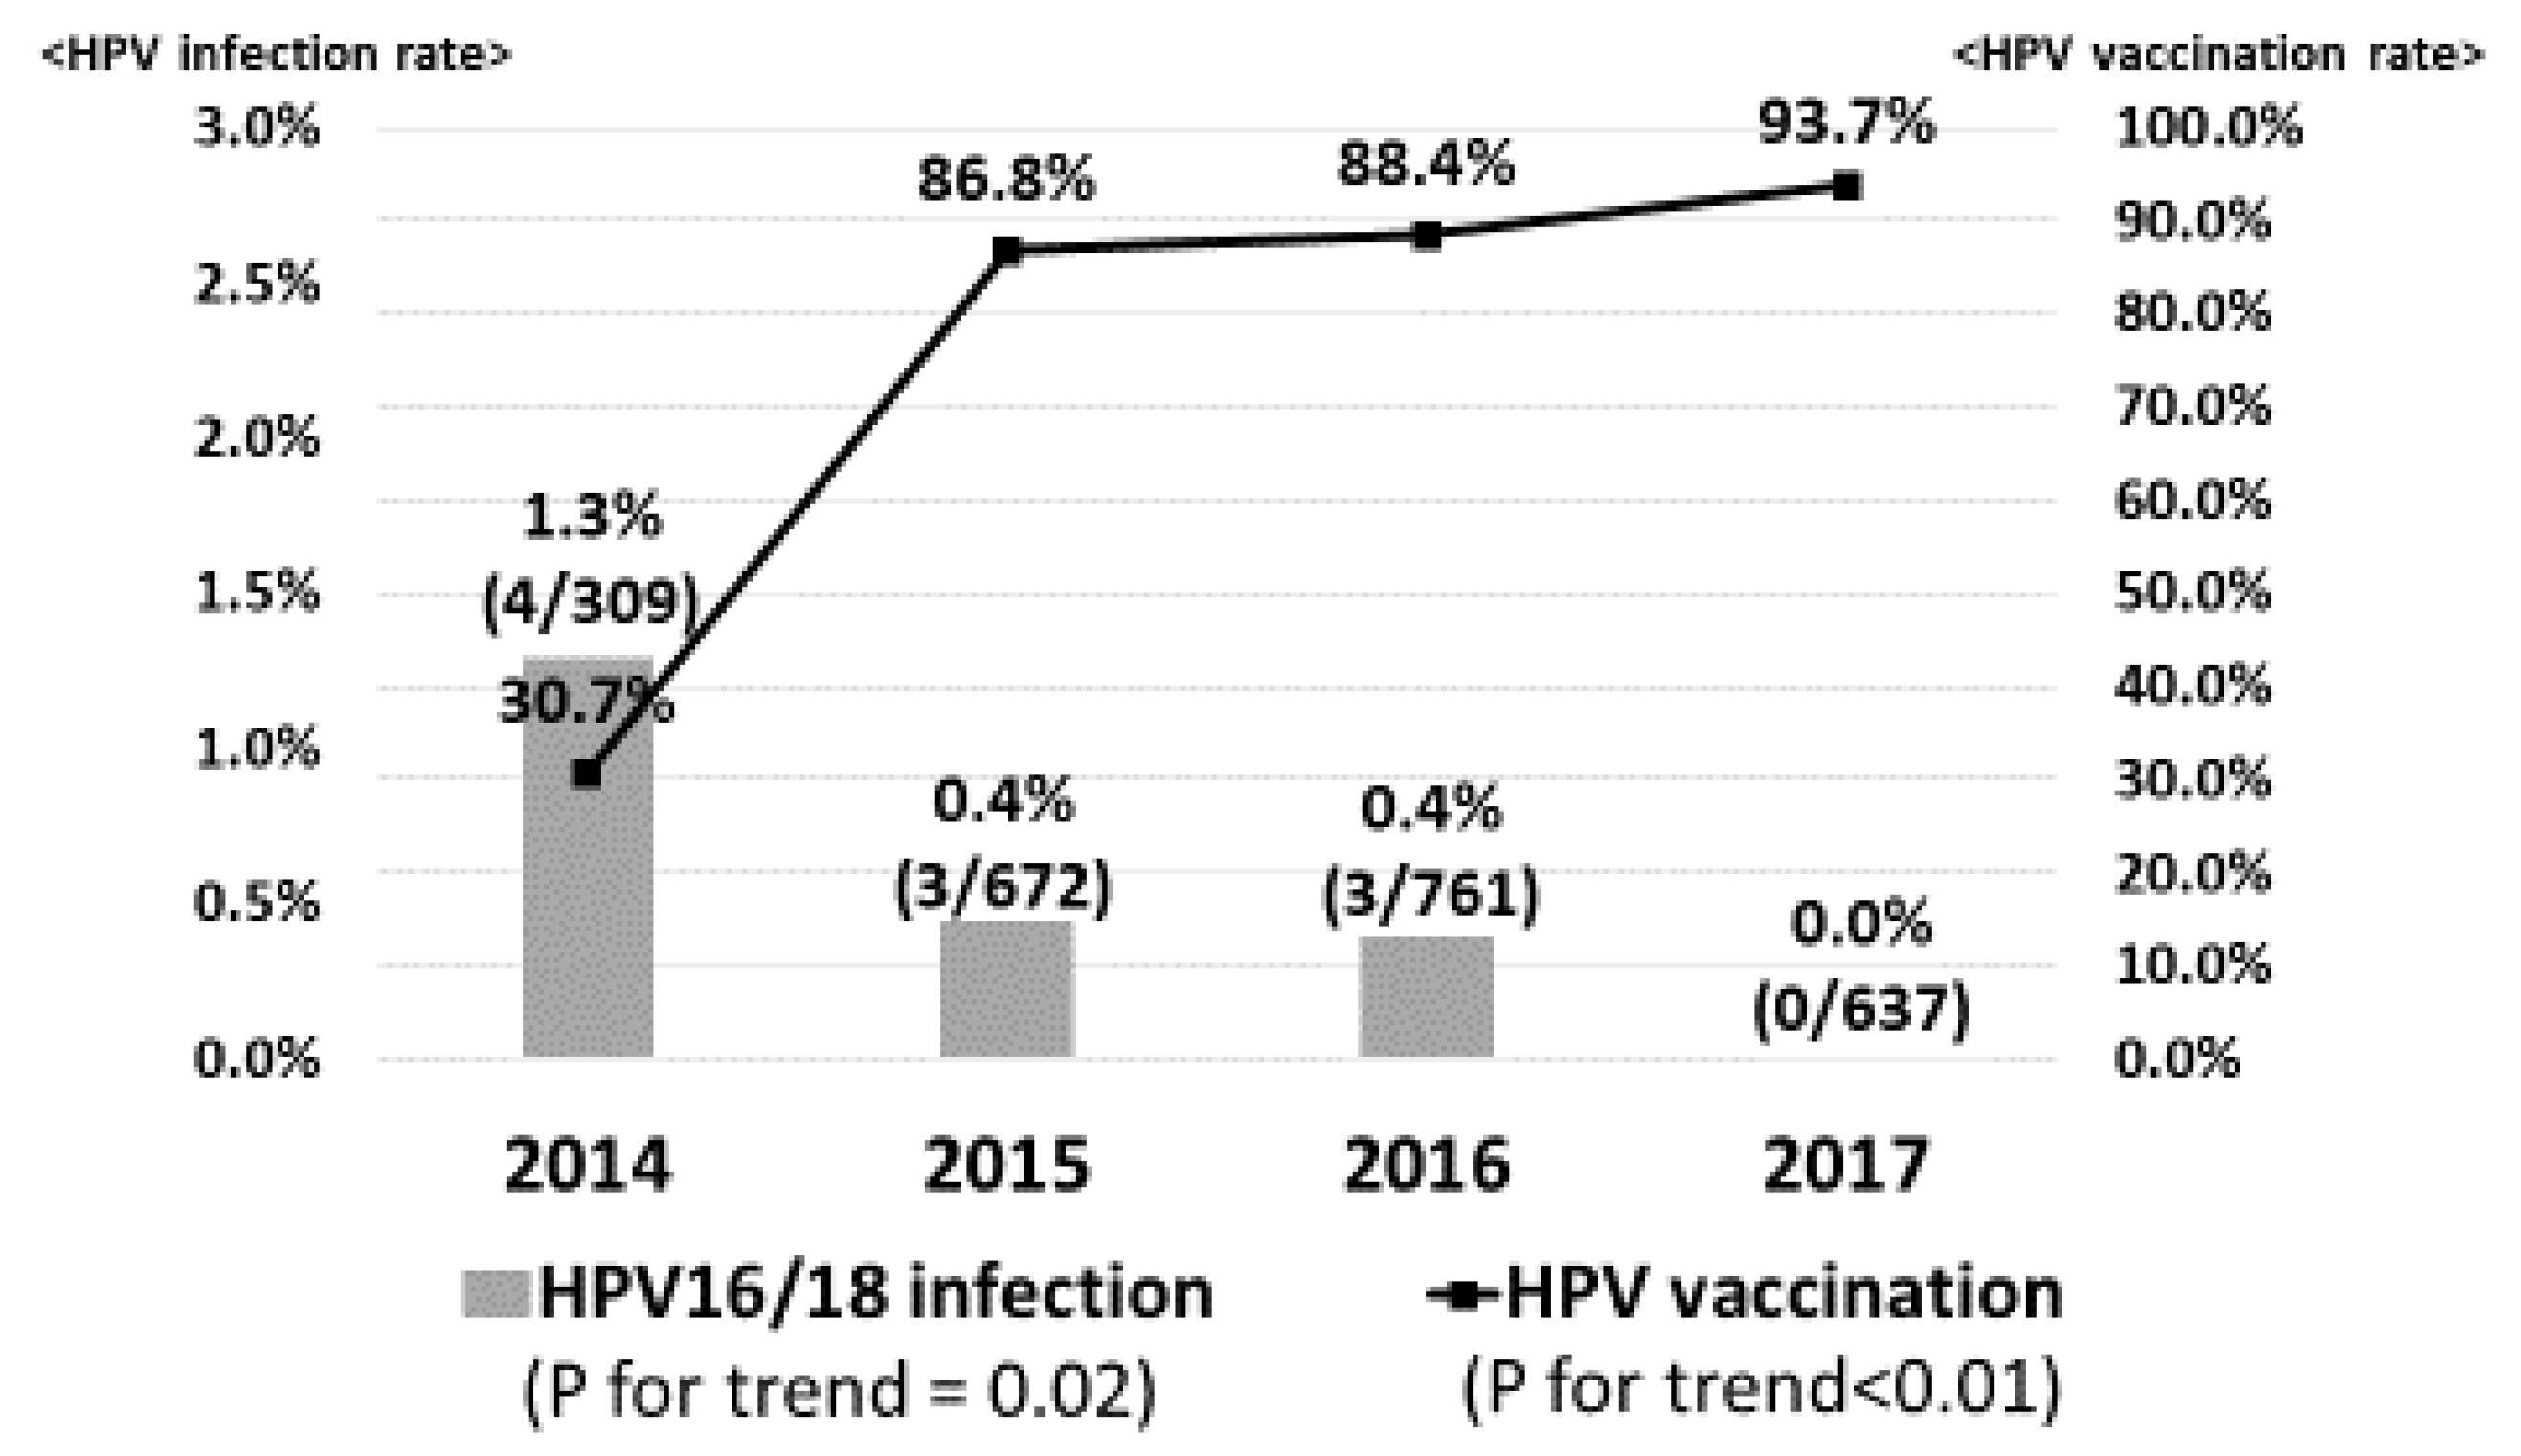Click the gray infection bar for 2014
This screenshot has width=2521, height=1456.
coord(588,900)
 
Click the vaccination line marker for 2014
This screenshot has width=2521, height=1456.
coord(588,773)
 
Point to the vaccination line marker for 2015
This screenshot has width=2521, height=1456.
coord(1007,249)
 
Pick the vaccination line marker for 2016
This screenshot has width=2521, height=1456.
coord(1428,235)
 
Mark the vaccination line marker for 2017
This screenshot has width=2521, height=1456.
coord(1846,186)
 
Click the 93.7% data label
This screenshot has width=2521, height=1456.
coord(1846,123)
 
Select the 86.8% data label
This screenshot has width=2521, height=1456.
coord(1006,181)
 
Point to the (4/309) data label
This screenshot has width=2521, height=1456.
coord(590,603)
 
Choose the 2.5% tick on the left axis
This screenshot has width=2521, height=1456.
coord(256,284)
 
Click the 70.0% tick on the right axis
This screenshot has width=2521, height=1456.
coord(2192,407)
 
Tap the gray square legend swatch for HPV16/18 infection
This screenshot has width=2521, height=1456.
coord(494,1294)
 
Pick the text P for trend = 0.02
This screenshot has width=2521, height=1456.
coord(838,1389)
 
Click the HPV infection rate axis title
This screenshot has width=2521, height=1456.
coord(276,54)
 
